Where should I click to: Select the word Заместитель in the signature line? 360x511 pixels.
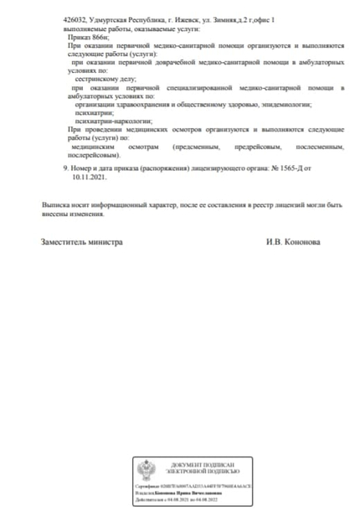tap(64, 243)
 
